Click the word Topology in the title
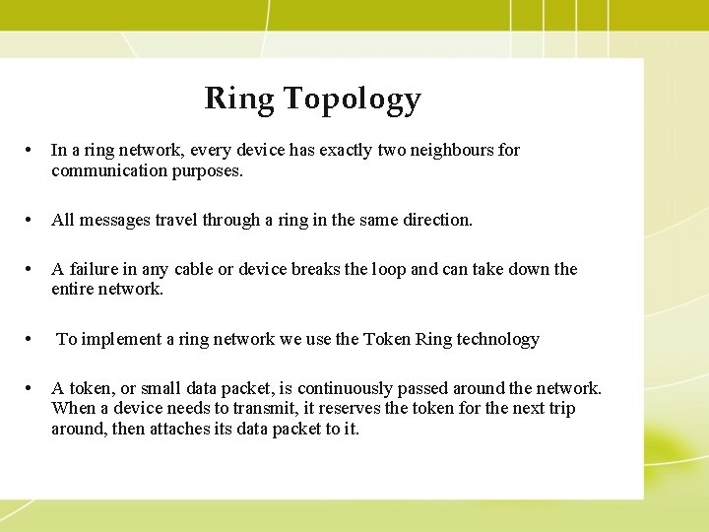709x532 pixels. [352, 99]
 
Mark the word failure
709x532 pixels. [94, 269]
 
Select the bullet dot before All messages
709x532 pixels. [32, 220]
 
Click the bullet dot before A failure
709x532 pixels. [32, 269]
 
